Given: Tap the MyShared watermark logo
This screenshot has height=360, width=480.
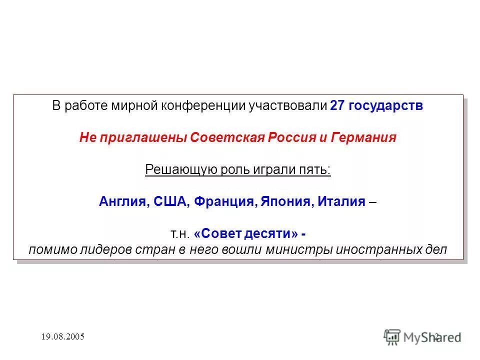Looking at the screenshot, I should (422, 336).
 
